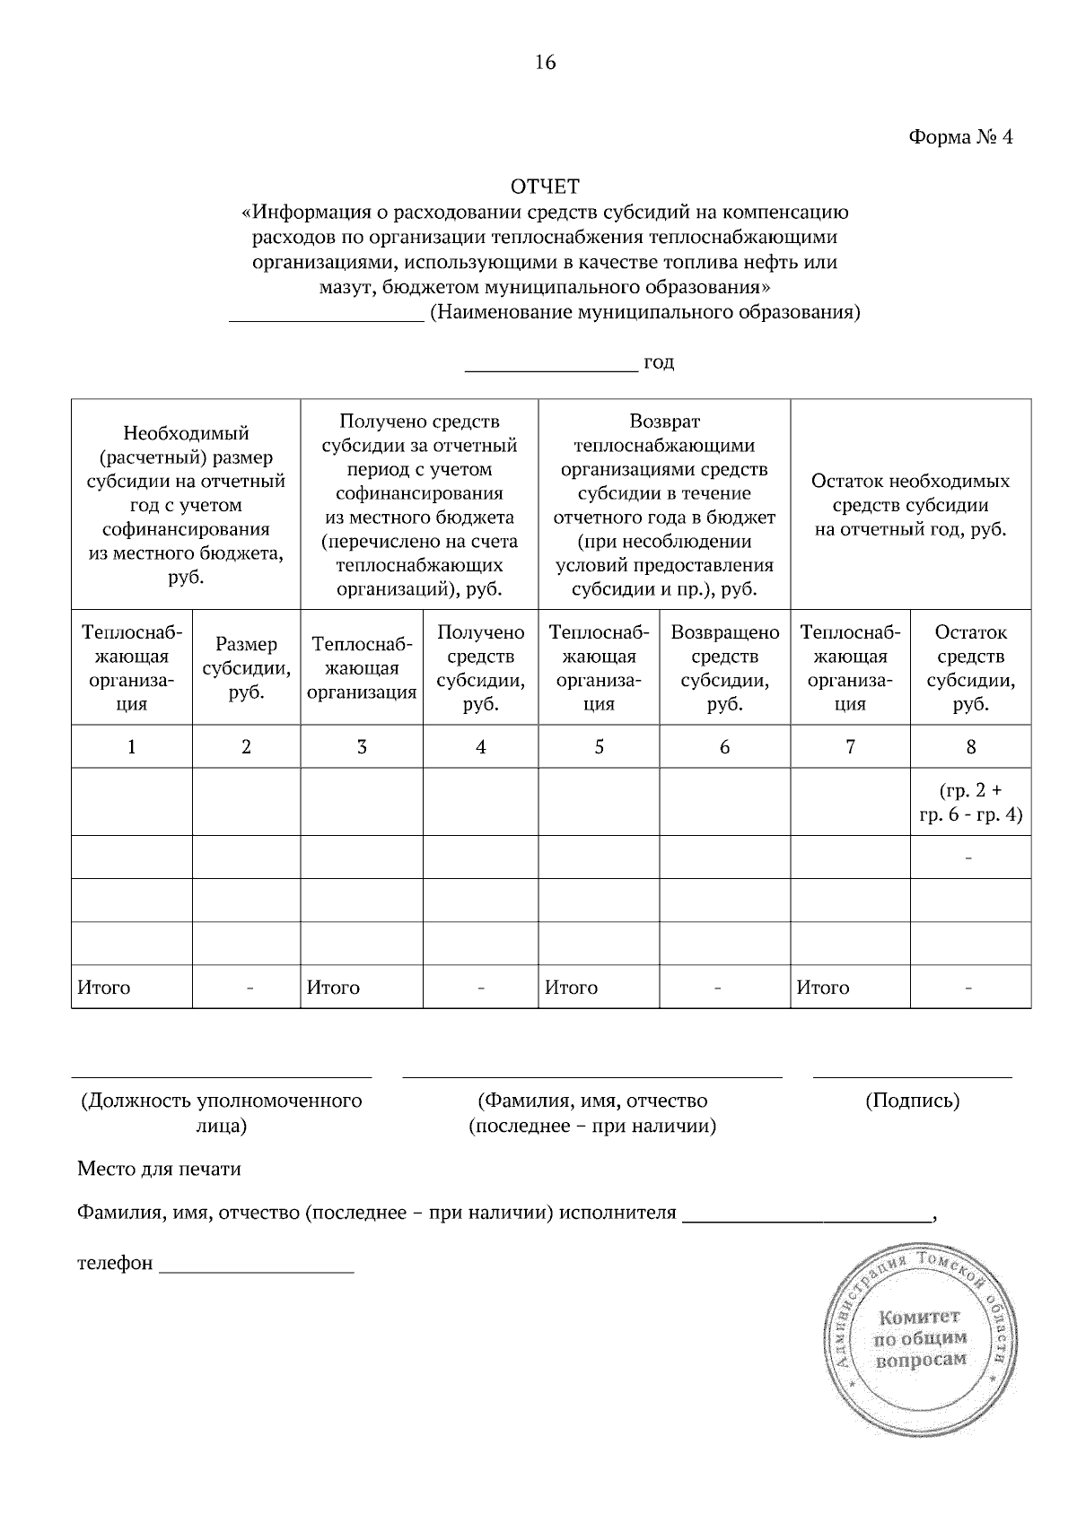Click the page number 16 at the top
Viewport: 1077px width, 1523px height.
[x=546, y=62]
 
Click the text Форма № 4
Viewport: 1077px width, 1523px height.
[x=960, y=136]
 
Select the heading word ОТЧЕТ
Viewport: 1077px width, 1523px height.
[x=545, y=187]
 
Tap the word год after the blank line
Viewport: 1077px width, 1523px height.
[x=659, y=362]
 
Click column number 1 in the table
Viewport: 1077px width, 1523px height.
[x=132, y=746]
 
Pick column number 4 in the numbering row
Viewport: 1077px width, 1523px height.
[x=481, y=746]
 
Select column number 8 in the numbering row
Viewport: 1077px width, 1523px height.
[x=970, y=746]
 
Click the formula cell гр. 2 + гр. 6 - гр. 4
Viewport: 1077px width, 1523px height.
[x=970, y=802]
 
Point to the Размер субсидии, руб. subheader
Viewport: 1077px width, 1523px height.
[x=246, y=668]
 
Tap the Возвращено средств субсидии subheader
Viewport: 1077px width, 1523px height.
[x=724, y=668]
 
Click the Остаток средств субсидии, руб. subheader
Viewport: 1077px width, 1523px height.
[x=970, y=668]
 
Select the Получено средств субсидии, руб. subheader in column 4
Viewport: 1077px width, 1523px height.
[x=481, y=668]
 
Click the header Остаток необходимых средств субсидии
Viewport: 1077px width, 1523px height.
[x=910, y=505]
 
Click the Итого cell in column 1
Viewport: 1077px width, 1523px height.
[x=104, y=988]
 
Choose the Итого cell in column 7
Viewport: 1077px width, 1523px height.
[x=823, y=988]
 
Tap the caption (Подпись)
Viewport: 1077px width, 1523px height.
[x=912, y=1101]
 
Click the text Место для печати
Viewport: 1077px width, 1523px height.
[x=159, y=1169]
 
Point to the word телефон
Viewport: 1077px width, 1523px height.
[x=115, y=1264]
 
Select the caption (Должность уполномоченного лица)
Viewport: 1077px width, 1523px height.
[x=221, y=1112]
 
